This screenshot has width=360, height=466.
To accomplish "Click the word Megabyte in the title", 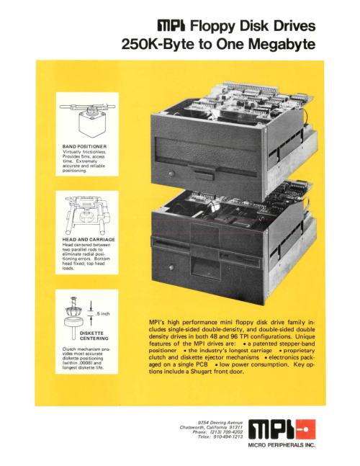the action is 282,44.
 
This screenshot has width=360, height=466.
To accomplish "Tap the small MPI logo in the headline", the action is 171,26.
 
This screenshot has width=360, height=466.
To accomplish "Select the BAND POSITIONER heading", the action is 84,146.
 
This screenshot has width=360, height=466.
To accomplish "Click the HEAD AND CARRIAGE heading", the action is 89,239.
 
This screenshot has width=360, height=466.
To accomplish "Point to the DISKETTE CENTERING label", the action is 94,336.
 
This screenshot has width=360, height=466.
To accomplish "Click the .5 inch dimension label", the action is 103,313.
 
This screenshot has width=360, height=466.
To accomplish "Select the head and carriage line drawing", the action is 86,215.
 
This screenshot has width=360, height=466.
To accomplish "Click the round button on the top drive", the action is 171,174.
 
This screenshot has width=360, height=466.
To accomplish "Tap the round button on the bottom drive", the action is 171,267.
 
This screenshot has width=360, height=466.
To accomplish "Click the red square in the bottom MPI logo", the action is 305,429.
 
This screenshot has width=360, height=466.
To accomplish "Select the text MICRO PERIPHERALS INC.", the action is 282,445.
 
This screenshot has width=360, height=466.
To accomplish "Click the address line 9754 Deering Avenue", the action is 220,422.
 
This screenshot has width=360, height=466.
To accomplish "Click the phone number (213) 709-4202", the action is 226,432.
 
